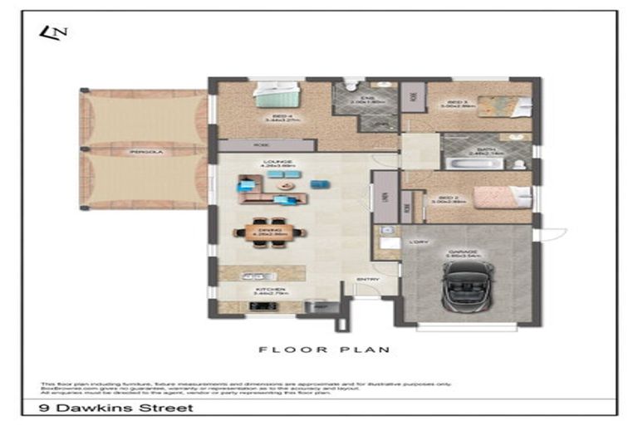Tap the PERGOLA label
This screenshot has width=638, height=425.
click(x=143, y=153)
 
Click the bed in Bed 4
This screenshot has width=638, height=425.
click(x=276, y=97)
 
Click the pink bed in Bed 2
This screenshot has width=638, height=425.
click(x=501, y=198)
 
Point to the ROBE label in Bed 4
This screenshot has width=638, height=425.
click(x=264, y=144)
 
